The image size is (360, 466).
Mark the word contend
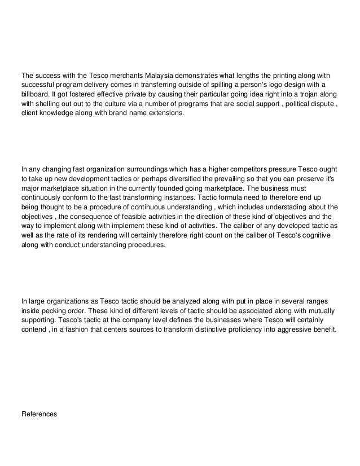pyautogui.click(x=33, y=329)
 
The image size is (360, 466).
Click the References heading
pyautogui.click(x=39, y=414)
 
